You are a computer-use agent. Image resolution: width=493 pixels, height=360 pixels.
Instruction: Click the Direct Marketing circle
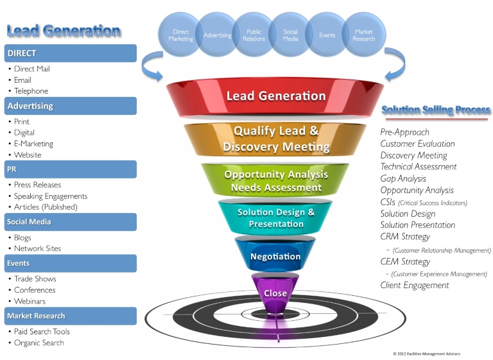(x=180, y=35)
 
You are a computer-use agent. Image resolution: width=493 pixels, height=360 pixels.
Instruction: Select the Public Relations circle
(x=254, y=35)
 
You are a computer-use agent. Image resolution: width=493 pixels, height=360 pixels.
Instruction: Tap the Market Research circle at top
(x=363, y=35)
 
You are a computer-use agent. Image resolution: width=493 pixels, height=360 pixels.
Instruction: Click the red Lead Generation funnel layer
(x=275, y=97)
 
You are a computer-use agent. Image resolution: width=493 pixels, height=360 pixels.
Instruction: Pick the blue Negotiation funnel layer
(x=275, y=256)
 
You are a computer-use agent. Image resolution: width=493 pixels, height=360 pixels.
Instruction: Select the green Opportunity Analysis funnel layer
(x=275, y=181)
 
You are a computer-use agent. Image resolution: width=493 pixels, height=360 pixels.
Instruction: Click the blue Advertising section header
(x=71, y=106)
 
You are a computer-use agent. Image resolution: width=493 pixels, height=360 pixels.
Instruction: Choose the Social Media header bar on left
(x=71, y=222)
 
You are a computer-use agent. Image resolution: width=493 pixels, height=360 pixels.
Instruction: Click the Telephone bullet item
(x=31, y=91)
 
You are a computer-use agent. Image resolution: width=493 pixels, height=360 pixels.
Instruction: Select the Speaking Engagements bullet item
(x=51, y=196)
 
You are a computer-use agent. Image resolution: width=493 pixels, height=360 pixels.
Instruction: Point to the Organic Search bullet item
(x=39, y=343)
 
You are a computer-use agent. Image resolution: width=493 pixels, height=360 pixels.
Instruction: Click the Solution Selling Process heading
(x=436, y=110)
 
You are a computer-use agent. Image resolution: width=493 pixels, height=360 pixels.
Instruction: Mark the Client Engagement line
(x=414, y=285)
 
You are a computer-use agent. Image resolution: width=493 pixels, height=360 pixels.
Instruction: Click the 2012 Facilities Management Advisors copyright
(x=426, y=354)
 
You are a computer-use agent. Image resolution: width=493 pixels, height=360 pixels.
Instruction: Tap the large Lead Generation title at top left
(x=64, y=30)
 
